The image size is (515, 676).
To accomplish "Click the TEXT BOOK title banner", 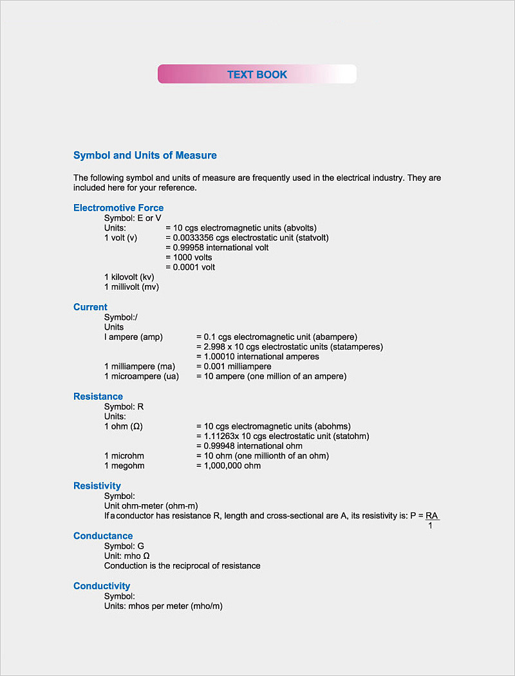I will point(257,74).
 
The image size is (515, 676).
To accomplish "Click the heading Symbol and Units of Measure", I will point(145,155).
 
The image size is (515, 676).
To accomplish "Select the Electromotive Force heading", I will point(118,207).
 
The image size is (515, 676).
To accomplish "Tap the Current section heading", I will point(90,307).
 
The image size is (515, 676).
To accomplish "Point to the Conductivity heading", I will point(102,586).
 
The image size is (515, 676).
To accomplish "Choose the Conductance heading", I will point(103,536).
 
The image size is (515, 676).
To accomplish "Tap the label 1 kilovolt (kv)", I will point(129,277).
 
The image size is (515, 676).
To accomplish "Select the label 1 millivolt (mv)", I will point(131,286).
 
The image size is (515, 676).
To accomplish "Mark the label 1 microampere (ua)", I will point(142,376).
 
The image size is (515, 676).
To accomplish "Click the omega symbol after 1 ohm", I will point(136,426).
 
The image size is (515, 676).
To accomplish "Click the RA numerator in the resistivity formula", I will point(432,516).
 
